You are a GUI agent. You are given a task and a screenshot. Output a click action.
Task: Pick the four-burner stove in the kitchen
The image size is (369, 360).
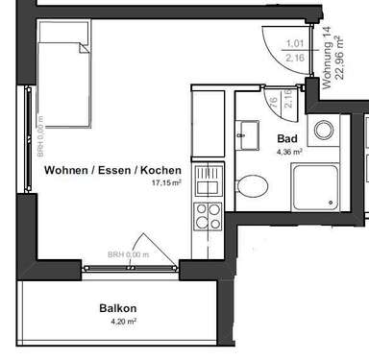(208, 214)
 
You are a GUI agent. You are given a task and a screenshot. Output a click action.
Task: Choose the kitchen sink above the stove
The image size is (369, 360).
(208, 180)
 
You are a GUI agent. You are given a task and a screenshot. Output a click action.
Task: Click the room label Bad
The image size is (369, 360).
(288, 138)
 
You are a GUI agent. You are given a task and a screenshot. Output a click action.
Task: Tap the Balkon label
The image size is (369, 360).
(118, 309)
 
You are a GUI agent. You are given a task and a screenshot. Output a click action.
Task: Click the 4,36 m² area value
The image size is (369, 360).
(289, 151)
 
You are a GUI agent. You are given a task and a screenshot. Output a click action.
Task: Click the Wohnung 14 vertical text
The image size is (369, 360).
(327, 59)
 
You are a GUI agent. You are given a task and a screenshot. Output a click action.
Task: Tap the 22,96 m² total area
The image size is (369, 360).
(339, 59)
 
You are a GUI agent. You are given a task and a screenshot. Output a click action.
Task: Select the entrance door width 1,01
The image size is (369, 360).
(296, 43)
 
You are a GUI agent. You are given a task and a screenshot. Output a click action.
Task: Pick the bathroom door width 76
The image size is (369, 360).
(273, 102)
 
